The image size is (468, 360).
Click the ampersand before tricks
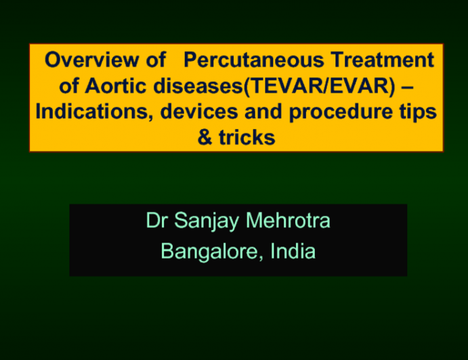click(x=205, y=138)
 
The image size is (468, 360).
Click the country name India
click(x=294, y=252)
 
